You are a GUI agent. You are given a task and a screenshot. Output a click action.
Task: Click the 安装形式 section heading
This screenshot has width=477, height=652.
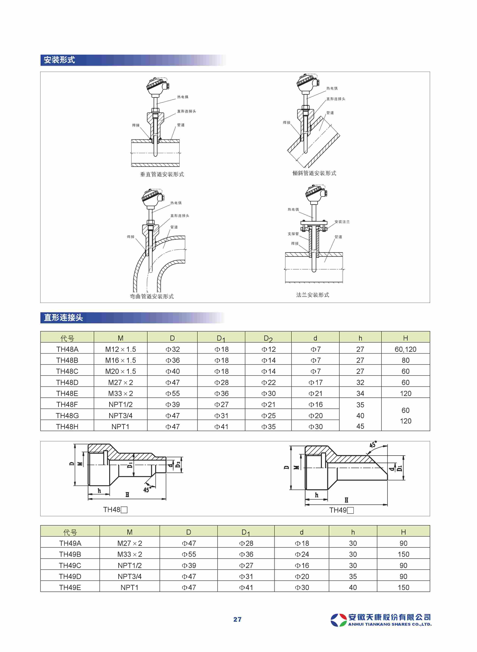60,60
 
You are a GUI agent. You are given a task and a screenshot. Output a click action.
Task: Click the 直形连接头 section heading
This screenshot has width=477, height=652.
63,318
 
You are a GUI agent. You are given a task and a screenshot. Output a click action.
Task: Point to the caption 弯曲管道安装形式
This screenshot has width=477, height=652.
152,296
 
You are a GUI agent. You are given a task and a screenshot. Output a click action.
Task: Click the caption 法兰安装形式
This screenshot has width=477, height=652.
312,295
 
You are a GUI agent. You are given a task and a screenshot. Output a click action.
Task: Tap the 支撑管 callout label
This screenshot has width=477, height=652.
293,234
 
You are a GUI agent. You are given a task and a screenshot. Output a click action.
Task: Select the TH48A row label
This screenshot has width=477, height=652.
67,349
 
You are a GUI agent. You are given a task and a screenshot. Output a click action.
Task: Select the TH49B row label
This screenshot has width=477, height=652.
70,554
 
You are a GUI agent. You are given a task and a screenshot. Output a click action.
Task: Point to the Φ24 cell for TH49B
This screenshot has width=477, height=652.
302,554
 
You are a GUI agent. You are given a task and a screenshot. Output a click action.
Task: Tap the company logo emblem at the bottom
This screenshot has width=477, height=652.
338,620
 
